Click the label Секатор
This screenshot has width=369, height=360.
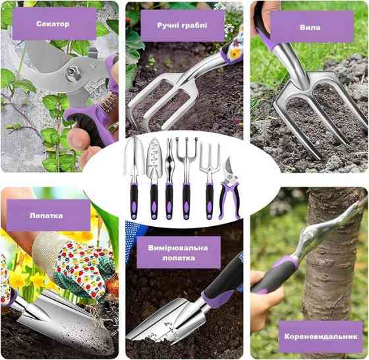pyautogui.click(x=53, y=24)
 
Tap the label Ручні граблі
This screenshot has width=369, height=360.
pyautogui.click(x=182, y=26)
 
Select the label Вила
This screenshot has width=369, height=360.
pyautogui.click(x=310, y=28)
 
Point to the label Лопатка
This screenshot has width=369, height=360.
pyautogui.click(x=46, y=216)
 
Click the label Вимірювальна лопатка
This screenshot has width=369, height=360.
pyautogui.click(x=178, y=253)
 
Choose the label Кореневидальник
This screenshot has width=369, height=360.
pyautogui.click(x=321, y=336)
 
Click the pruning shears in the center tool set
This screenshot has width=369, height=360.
pyautogui.click(x=229, y=189)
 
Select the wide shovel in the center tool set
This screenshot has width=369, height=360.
pyautogui.click(x=134, y=178)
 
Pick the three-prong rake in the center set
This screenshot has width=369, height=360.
pyautogui.click(x=186, y=179)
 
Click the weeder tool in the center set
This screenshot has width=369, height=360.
pyautogui.click(x=169, y=179)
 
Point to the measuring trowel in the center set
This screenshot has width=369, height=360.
pyautogui.click(x=154, y=179)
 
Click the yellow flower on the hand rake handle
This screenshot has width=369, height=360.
pyautogui.click(x=234, y=54)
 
